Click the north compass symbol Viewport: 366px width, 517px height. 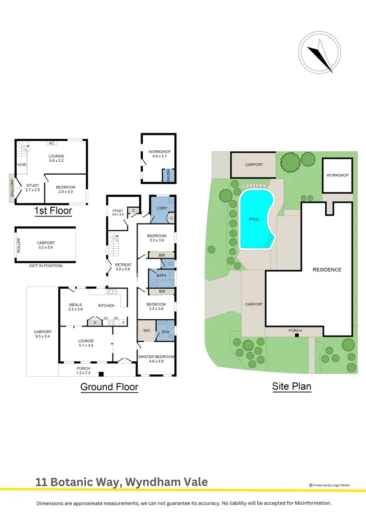click(x=320, y=53)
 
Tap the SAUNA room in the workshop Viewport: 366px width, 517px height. click(x=168, y=176)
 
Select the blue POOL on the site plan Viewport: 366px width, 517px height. click(x=254, y=219)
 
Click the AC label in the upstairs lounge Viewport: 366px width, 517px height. click(x=51, y=143)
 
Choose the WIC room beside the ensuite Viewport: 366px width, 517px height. click(x=147, y=331)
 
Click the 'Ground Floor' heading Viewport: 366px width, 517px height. click(x=109, y=387)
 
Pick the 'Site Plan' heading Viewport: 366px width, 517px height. click(x=292, y=386)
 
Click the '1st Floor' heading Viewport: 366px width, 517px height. click(x=53, y=210)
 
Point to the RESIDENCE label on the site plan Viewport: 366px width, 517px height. click(x=327, y=270)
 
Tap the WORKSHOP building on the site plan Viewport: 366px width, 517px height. click(x=338, y=175)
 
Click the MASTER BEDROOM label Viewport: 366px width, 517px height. click(x=156, y=357)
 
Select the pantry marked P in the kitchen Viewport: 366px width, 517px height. click(x=95, y=323)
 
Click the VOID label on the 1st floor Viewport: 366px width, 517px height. click(x=22, y=165)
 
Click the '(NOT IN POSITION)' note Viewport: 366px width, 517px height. click(x=45, y=265)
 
